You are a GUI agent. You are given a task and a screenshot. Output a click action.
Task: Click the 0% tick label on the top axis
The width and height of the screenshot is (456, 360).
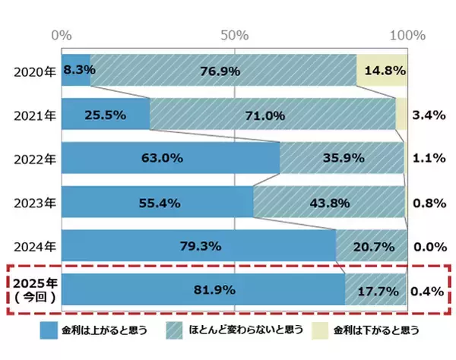tap(61, 36)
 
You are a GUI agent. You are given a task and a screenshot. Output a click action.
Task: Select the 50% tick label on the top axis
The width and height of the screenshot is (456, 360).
tap(234, 36)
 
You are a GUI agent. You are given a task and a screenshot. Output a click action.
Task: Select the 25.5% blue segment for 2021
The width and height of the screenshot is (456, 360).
tap(106, 115)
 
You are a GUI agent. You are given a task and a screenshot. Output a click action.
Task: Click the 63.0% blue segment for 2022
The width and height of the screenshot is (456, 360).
tap(170, 159)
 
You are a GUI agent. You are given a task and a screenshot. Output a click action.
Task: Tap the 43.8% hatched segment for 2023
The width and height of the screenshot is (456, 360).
tap(329, 202)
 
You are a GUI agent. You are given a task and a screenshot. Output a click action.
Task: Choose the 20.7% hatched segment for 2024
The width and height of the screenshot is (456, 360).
tap(371, 246)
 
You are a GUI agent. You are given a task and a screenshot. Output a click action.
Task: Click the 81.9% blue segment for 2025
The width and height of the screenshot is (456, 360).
tap(202, 289)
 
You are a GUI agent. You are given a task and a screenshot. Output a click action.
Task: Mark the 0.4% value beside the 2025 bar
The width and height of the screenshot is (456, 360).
tap(427, 290)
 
